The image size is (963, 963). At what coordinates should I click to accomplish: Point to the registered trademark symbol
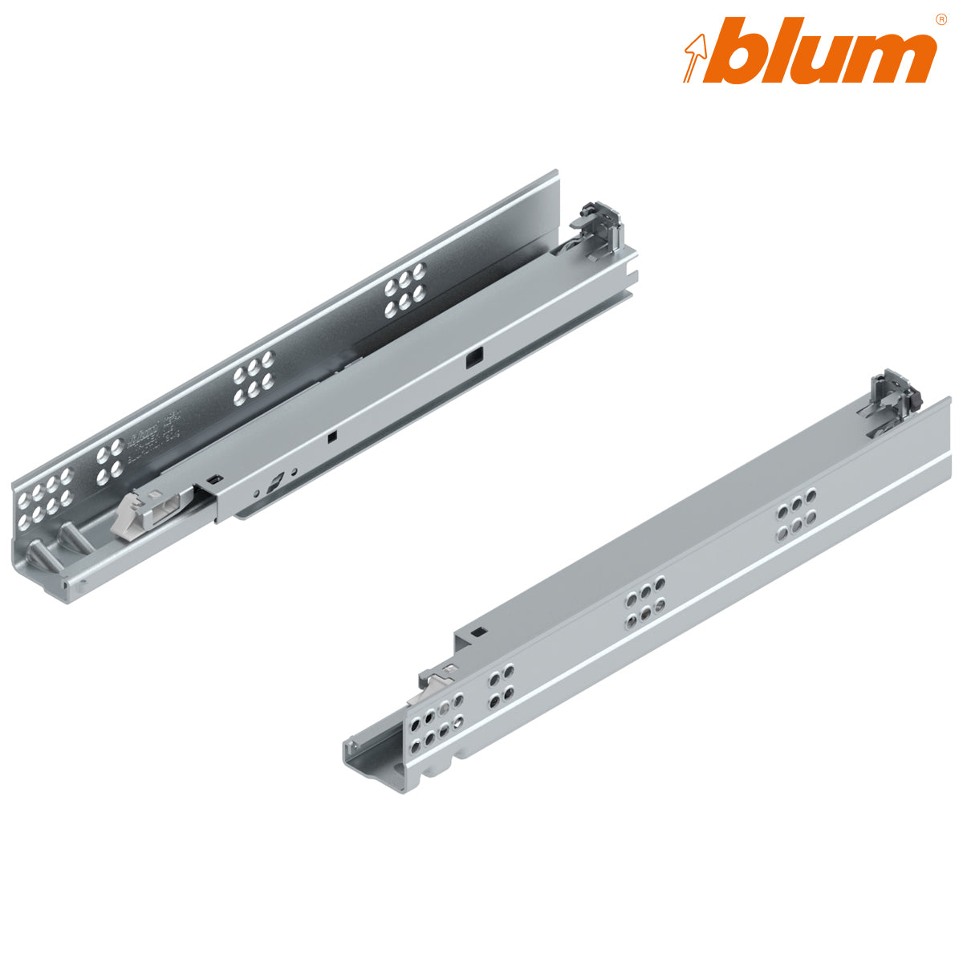tap(941, 18)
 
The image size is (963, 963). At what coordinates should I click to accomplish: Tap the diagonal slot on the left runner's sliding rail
tap(275, 485)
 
